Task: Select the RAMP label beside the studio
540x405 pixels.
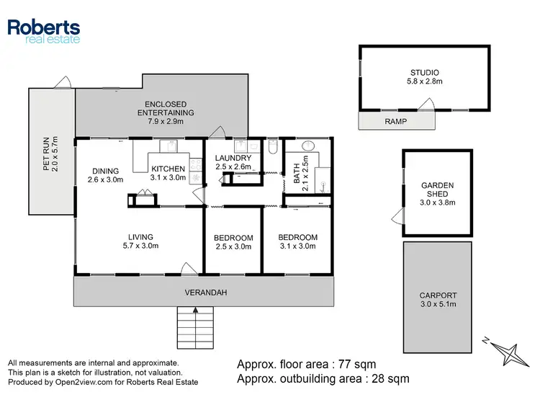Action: click(x=395, y=122)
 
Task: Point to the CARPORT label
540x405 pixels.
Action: click(x=437, y=300)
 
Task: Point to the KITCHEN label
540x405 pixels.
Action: click(x=168, y=173)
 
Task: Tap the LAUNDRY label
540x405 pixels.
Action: click(x=233, y=162)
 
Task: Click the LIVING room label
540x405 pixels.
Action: click(x=140, y=241)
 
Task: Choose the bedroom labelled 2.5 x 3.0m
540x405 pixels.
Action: click(x=233, y=242)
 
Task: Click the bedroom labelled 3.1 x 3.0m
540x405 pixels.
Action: click(x=298, y=242)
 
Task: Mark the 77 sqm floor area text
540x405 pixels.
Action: click(x=307, y=364)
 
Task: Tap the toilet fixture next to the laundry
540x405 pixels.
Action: click(x=272, y=148)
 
